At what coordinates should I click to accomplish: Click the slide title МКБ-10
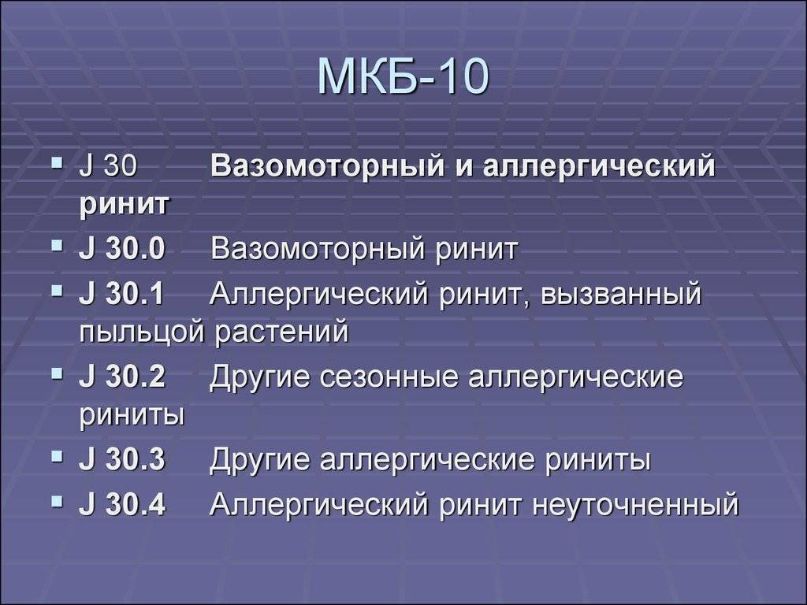click(x=403, y=76)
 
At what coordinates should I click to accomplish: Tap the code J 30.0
click(x=122, y=248)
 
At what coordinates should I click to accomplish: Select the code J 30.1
click(x=121, y=294)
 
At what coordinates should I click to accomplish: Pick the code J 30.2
click(x=122, y=376)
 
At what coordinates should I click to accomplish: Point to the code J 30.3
click(x=122, y=458)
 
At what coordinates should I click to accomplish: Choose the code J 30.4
click(x=122, y=503)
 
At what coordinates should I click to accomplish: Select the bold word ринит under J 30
click(x=124, y=204)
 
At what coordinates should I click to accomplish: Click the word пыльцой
click(x=142, y=332)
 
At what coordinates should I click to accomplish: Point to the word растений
click(x=281, y=332)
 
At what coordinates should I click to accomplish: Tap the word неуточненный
click(x=636, y=505)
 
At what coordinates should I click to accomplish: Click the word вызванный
click(x=621, y=294)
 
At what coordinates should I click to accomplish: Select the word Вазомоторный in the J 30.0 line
click(x=318, y=250)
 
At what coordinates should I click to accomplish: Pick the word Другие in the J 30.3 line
click(x=260, y=459)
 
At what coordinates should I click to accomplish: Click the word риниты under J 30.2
click(x=132, y=414)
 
